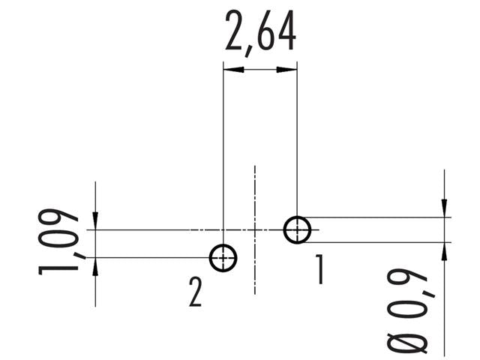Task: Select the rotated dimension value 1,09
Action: (60, 241)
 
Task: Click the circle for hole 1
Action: (297, 229)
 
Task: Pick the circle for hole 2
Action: (223, 257)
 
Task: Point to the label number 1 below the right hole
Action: (319, 270)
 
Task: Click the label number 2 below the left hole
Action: (195, 292)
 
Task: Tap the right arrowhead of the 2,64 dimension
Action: (286, 70)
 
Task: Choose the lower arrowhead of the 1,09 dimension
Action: (95, 265)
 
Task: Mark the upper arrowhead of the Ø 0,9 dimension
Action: (445, 208)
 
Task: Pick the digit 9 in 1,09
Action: (60, 223)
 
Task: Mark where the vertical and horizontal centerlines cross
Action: (256, 229)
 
